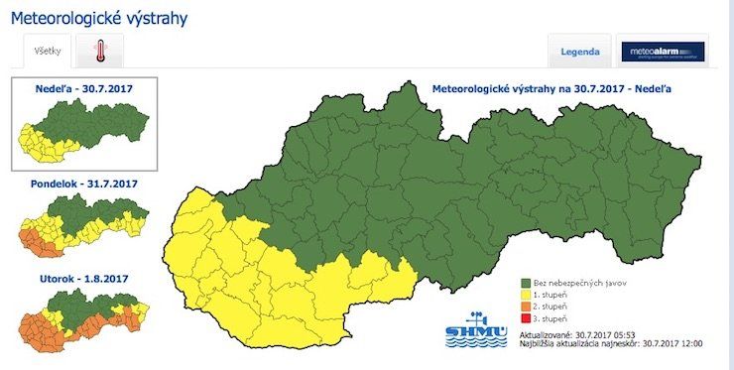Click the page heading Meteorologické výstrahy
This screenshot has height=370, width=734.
tap(98, 18)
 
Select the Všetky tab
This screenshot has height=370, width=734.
tap(47, 51)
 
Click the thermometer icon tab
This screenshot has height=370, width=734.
tap(100, 51)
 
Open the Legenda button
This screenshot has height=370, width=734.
tap(579, 52)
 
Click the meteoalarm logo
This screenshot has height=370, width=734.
tap(663, 52)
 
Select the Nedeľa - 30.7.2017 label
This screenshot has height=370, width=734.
tap(83, 88)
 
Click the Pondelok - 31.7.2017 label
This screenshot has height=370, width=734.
tap(83, 184)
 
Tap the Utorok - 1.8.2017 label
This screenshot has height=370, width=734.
tap(83, 279)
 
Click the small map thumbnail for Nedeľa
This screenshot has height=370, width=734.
tap(83, 131)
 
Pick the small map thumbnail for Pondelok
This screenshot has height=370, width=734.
tap(83, 227)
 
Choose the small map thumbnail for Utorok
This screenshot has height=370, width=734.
tap(83, 322)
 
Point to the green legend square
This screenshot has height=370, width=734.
tap(526, 283)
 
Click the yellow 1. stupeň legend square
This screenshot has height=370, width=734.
tap(526, 295)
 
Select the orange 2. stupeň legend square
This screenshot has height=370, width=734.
tap(526, 307)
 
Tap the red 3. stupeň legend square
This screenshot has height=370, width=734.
tap(526, 318)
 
